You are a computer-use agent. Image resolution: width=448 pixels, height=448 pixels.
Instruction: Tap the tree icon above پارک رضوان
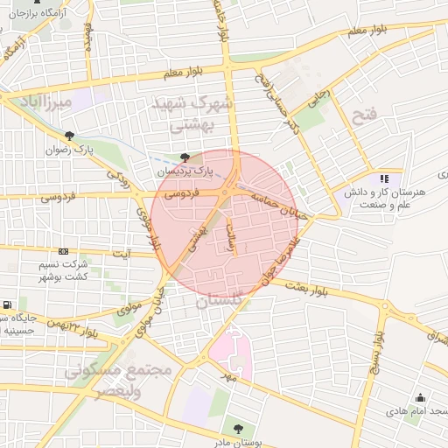69,135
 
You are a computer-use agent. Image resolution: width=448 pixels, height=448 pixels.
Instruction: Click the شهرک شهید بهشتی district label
192,114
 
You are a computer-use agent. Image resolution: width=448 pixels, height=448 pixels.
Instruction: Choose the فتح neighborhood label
363,116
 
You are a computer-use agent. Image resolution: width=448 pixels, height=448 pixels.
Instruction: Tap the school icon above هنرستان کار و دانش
384,178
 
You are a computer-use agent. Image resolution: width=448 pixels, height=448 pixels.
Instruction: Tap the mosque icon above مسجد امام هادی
421,397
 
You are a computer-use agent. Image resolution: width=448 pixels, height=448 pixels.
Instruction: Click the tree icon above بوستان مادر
238,428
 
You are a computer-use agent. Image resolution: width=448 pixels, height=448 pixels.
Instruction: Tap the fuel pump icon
7,305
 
